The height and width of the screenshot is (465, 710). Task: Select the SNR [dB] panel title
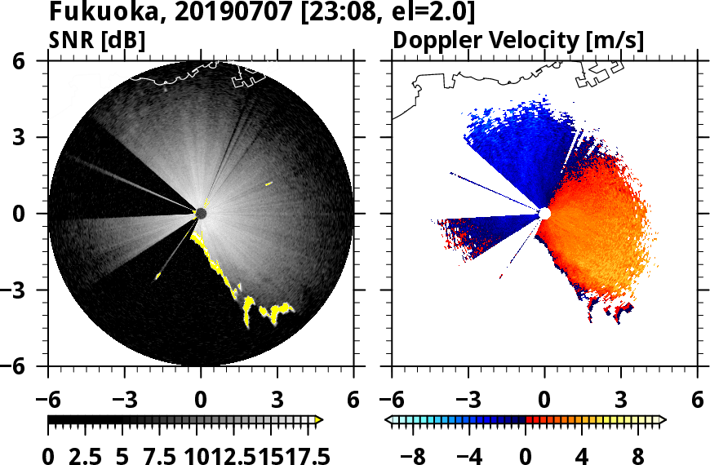(98, 39)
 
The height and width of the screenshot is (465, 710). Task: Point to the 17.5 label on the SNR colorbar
(303, 455)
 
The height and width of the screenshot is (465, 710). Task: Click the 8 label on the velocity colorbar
(637, 455)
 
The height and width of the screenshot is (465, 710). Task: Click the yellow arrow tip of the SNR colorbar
(319, 420)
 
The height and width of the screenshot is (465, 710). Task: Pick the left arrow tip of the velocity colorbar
(388, 420)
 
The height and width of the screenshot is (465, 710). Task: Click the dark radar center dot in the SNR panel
(201, 214)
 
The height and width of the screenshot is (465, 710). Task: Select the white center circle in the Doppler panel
(544, 214)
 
